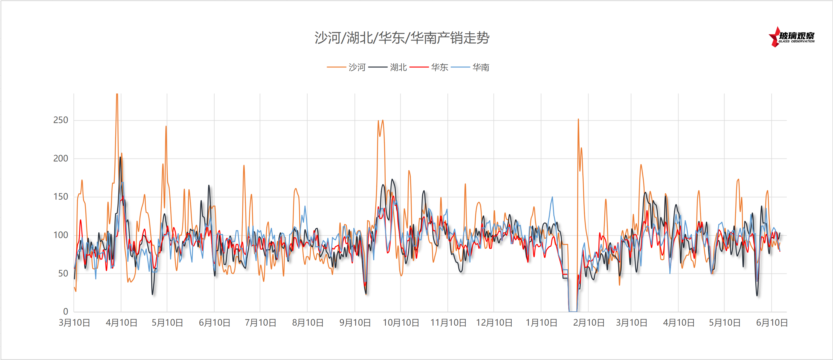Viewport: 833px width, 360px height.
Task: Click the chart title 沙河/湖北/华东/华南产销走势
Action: tap(402, 38)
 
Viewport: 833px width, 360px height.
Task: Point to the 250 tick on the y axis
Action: tap(61, 120)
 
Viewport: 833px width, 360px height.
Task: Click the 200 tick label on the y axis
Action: tap(61, 159)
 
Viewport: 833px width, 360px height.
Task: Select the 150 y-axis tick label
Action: tap(61, 197)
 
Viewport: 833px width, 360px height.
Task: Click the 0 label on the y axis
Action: tap(66, 311)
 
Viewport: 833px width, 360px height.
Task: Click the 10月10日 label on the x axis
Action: tap(401, 323)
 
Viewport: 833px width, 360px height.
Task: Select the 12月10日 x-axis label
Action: tap(494, 323)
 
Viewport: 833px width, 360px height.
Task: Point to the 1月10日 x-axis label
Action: tap(541, 323)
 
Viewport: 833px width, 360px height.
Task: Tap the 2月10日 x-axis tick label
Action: tap(588, 323)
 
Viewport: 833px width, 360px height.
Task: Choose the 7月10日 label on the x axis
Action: tap(260, 323)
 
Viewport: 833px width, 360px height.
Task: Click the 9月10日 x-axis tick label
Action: tap(355, 323)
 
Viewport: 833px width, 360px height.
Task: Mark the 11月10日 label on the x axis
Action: tap(448, 323)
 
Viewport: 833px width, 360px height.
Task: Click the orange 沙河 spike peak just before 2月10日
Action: tap(578, 119)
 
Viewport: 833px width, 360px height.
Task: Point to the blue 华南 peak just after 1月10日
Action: tap(552, 197)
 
